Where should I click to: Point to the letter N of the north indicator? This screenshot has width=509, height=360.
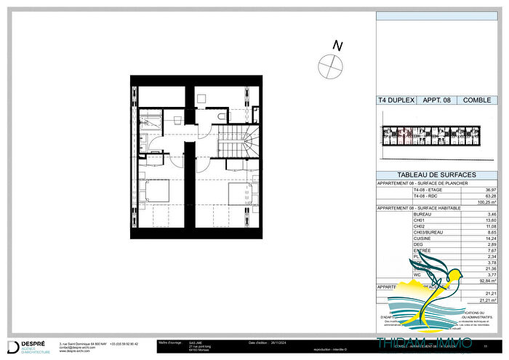[x=337, y=46]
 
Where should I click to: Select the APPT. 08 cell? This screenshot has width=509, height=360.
[x=436, y=101]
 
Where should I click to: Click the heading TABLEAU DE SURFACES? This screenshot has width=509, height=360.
[x=436, y=175]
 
